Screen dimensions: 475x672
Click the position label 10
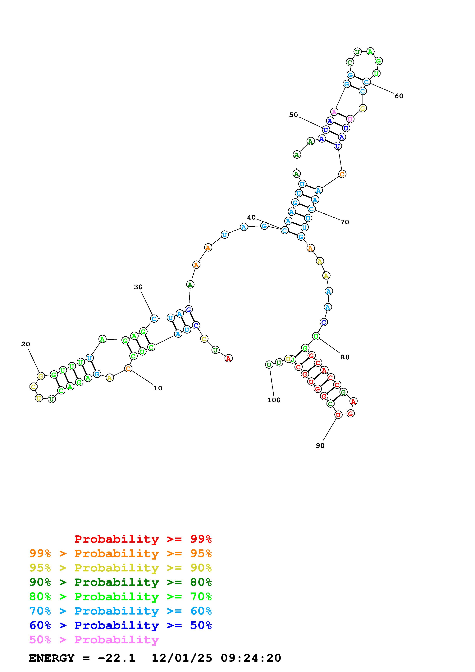[x=158, y=388]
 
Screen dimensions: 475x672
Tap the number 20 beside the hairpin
[x=25, y=344]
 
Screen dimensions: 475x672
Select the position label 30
[x=138, y=287]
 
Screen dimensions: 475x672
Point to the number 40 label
[x=251, y=217]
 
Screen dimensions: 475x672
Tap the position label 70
[x=345, y=222]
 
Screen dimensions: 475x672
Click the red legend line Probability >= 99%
[x=143, y=539]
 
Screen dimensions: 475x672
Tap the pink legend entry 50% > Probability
[x=94, y=640]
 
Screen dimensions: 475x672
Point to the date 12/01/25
[x=181, y=658]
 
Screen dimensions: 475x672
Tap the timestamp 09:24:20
[x=251, y=658]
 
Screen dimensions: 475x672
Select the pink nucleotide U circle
[x=350, y=119]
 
